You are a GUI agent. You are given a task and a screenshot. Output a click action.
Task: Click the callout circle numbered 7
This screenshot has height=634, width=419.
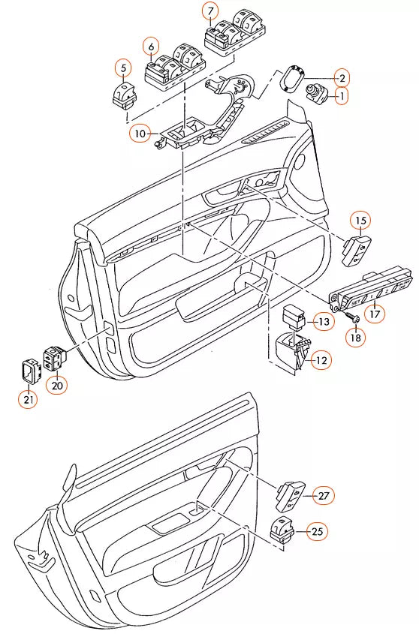(210, 11)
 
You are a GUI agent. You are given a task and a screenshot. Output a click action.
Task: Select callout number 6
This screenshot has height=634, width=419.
(152, 47)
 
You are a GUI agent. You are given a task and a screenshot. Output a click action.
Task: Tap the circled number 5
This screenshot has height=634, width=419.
(124, 68)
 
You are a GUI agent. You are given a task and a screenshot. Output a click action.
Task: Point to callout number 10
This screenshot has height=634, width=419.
(140, 133)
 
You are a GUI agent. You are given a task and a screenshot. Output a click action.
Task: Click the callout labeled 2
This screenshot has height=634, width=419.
(342, 78)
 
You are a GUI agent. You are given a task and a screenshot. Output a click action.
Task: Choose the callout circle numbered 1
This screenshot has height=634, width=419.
(342, 96)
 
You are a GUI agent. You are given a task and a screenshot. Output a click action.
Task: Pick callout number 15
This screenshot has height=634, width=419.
(360, 221)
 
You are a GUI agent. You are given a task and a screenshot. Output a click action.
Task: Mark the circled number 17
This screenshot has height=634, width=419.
(375, 314)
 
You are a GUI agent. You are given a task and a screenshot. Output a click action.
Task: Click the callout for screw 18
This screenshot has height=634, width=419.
(355, 337)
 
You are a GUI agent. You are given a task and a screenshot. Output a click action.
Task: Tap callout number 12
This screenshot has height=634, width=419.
(321, 360)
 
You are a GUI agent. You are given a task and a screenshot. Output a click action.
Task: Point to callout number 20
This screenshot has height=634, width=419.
(57, 386)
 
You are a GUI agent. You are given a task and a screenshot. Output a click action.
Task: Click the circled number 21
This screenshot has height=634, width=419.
(29, 399)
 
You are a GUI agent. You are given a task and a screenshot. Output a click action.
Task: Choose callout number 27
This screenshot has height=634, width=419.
(324, 496)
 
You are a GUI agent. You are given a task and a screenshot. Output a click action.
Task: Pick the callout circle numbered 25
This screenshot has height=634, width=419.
(318, 531)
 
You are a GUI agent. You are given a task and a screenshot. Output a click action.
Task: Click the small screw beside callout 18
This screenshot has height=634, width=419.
(351, 317)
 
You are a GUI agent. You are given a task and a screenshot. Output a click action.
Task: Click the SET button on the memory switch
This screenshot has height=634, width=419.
(356, 302)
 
